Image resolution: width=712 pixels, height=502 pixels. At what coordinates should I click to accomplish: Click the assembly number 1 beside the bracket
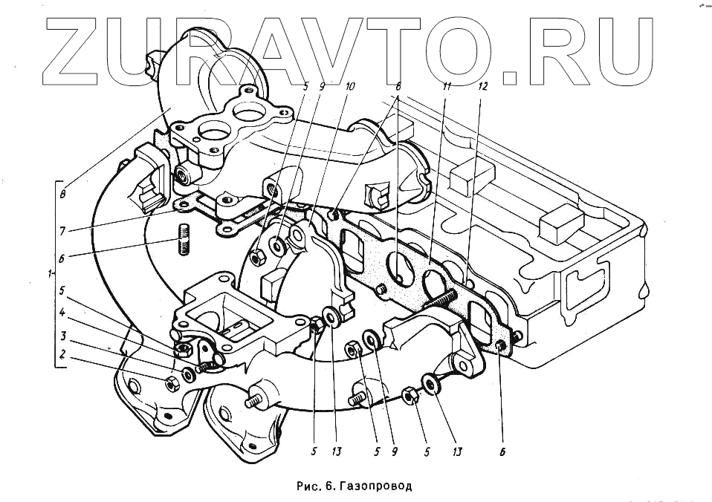49,274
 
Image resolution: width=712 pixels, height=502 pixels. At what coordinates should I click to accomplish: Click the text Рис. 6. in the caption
317,486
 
